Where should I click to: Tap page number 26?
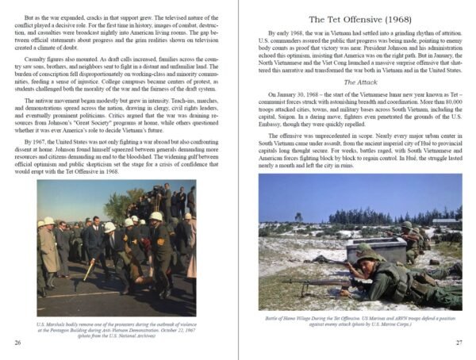pyautogui.click(x=17, y=343)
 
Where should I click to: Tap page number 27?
pyautogui.click(x=459, y=343)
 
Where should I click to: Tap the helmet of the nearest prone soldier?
pyautogui.click(x=367, y=255)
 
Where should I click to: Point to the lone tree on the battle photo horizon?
pyautogui.click(x=298, y=216)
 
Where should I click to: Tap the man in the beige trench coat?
pyautogui.click(x=49, y=255)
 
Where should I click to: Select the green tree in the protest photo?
pyautogui.click(x=119, y=206)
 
